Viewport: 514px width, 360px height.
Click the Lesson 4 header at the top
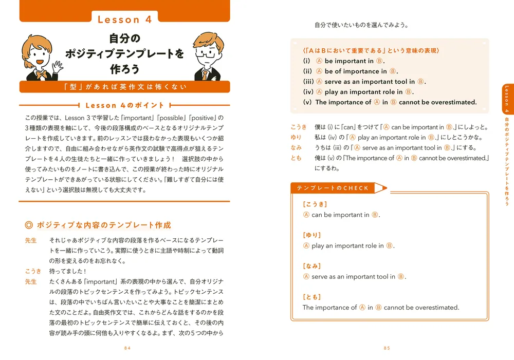coord(125,20)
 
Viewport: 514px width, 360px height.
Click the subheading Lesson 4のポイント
coord(125,105)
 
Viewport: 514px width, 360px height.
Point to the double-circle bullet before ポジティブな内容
coord(29,225)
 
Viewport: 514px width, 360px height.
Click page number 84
coord(128,348)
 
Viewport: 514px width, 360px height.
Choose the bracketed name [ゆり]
coord(312,235)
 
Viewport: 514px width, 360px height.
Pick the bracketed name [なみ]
coord(312,266)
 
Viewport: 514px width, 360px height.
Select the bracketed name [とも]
coord(312,297)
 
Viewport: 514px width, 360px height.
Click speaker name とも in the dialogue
coord(297,158)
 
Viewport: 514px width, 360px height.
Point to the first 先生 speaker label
coord(31,240)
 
